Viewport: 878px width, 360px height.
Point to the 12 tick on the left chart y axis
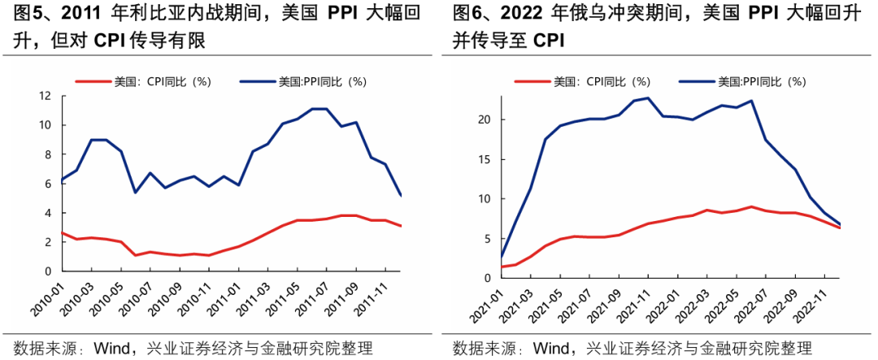[45, 96]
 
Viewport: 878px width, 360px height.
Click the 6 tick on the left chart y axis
[48, 184]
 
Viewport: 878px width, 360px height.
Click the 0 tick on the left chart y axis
[48, 271]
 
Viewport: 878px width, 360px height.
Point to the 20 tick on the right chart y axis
[485, 119]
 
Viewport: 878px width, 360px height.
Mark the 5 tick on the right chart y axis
[489, 237]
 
